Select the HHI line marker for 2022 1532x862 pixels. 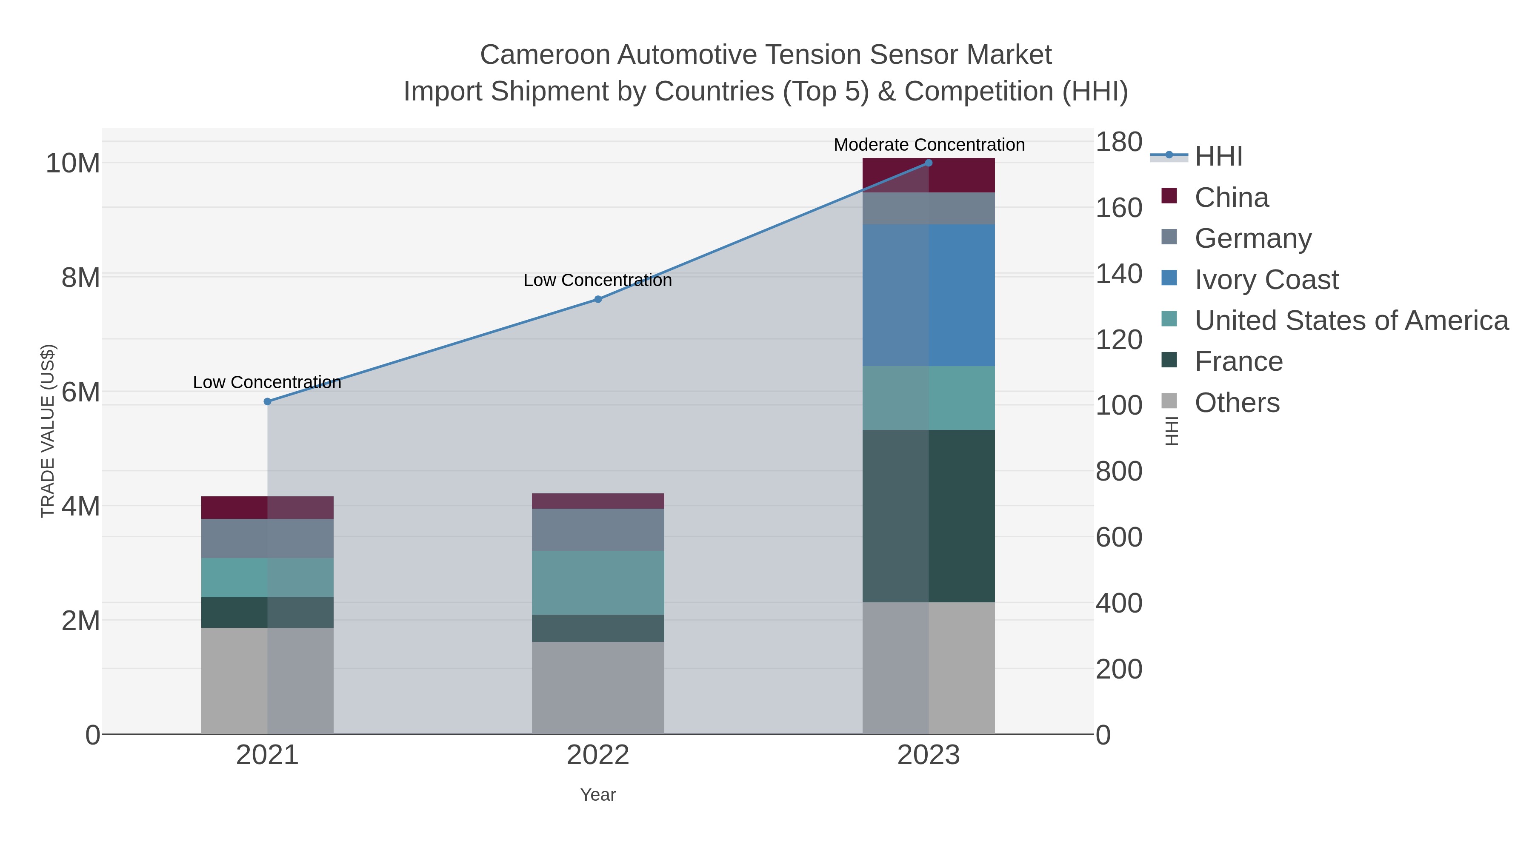click(x=598, y=299)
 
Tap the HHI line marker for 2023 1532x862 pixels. click(x=929, y=163)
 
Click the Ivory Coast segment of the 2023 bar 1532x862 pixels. click(x=929, y=295)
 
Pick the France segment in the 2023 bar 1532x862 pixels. click(x=929, y=516)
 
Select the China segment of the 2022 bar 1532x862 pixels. click(x=598, y=501)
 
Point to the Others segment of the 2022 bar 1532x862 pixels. click(x=598, y=688)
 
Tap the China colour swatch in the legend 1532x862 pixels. click(x=1169, y=196)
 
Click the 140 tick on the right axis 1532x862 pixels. click(x=1119, y=274)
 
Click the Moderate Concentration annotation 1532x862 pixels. click(x=929, y=145)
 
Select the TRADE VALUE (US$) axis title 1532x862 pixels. click(x=48, y=431)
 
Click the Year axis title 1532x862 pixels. click(x=598, y=795)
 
